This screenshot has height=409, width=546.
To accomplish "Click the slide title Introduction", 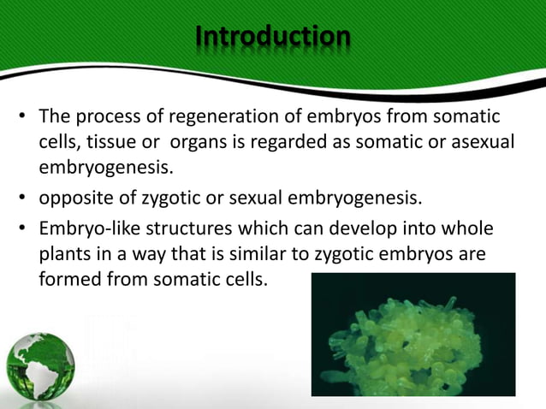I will coord(272,38).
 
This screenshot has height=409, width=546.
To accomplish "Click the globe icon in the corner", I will coord(40,369).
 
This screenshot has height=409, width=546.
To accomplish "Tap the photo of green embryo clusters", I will coord(412,334).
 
